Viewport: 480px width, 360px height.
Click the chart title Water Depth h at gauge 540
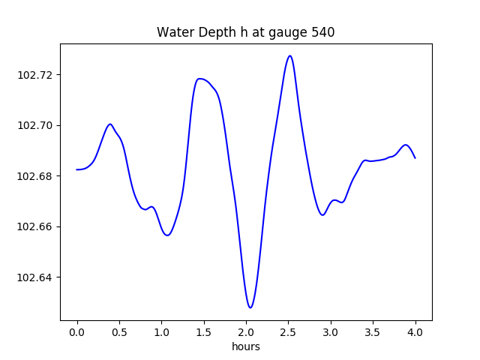click(x=245, y=32)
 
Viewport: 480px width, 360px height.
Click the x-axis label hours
click(x=245, y=346)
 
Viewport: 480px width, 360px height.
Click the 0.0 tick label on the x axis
click(x=77, y=331)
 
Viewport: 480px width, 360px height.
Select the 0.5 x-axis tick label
click(x=119, y=331)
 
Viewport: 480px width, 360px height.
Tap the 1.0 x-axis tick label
click(x=162, y=331)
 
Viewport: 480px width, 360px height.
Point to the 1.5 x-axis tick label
click(x=204, y=331)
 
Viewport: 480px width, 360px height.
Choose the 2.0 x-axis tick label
click(x=246, y=331)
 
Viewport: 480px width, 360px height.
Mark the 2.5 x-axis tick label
click(x=289, y=331)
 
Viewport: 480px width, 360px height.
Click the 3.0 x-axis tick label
click(x=331, y=331)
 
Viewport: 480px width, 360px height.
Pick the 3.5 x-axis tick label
click(x=373, y=331)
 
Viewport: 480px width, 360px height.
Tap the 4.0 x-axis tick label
click(x=415, y=331)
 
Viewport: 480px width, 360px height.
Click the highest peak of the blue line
click(x=289, y=55)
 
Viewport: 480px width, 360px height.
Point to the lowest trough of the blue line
click(x=250, y=307)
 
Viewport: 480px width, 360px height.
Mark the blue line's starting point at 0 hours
click(x=77, y=169)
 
